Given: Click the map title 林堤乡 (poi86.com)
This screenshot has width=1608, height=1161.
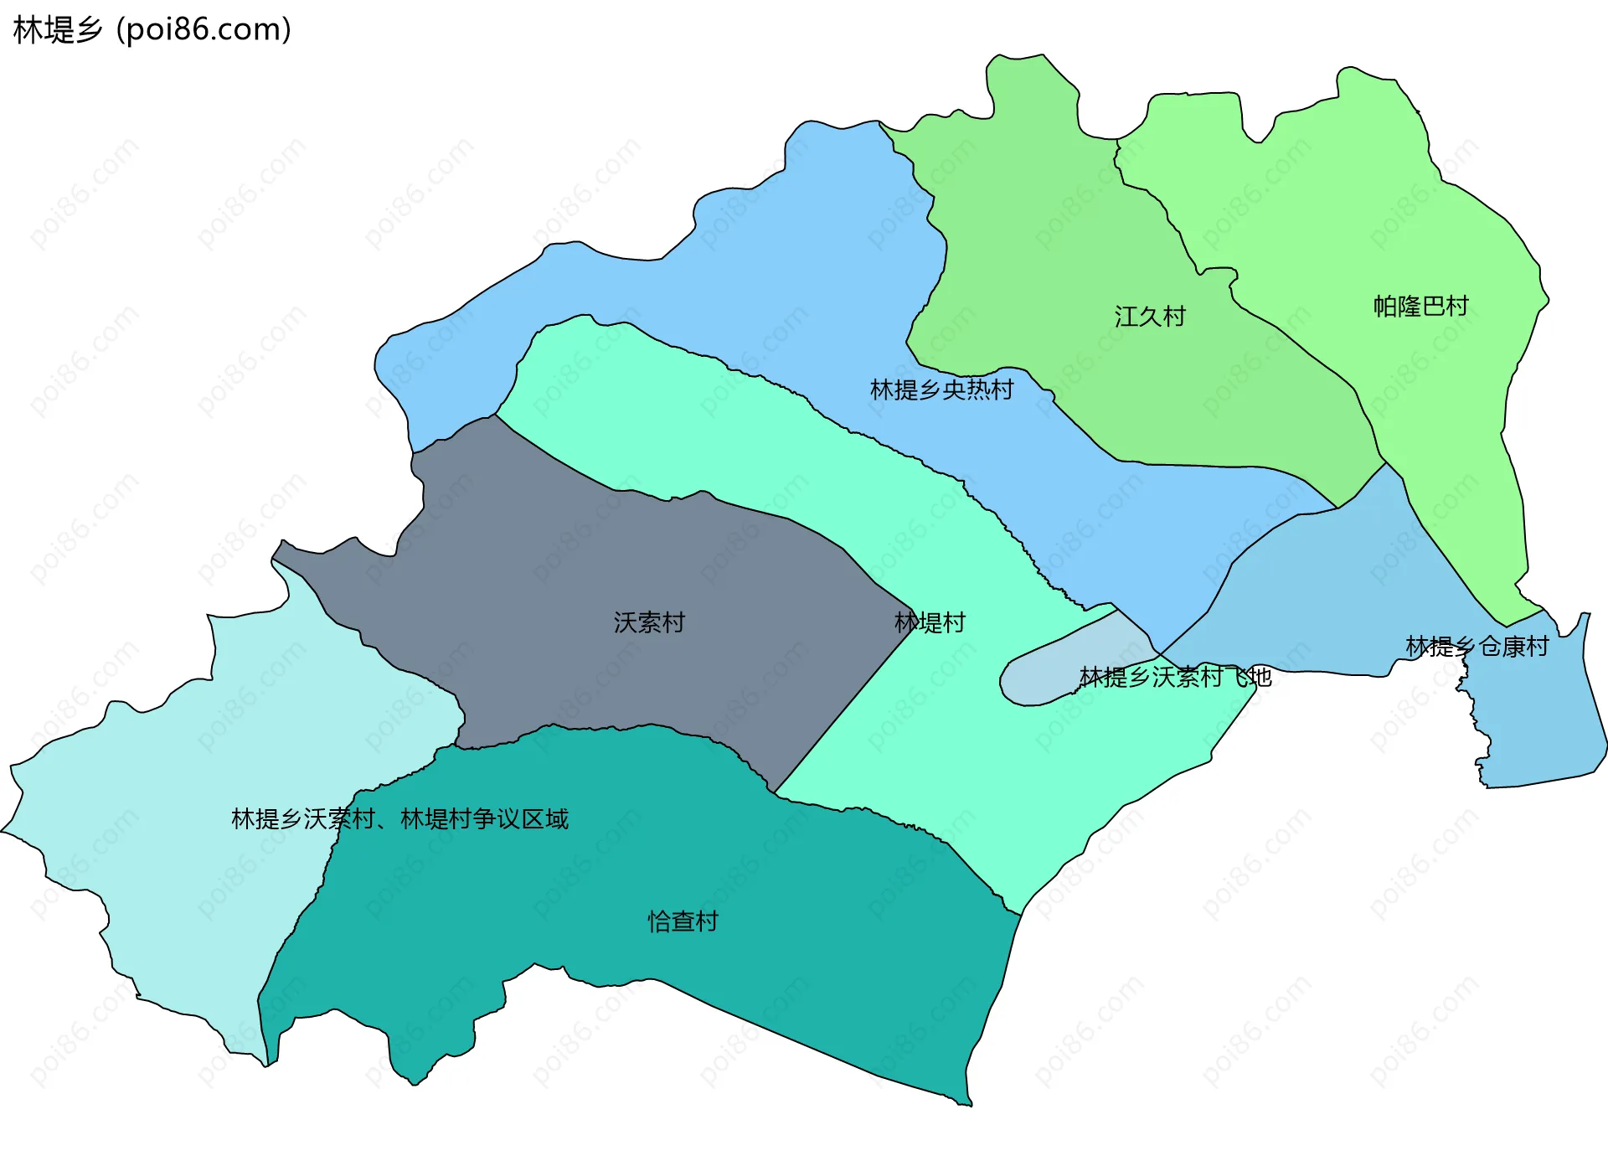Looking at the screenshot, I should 152,30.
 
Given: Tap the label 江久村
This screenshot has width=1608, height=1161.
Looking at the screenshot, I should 1150,317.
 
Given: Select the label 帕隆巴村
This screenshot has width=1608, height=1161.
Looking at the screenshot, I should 1420,307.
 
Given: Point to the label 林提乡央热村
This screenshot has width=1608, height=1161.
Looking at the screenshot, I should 941,390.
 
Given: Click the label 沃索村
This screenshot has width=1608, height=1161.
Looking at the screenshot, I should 649,622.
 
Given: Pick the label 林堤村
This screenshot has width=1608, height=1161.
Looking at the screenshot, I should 930,622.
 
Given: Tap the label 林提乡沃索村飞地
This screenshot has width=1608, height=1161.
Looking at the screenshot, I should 1175,677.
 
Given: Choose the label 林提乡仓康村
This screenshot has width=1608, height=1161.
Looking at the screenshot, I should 1477,647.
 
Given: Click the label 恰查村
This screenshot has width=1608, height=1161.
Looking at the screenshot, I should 683,921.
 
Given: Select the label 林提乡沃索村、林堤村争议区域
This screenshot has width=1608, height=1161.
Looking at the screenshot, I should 399,818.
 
